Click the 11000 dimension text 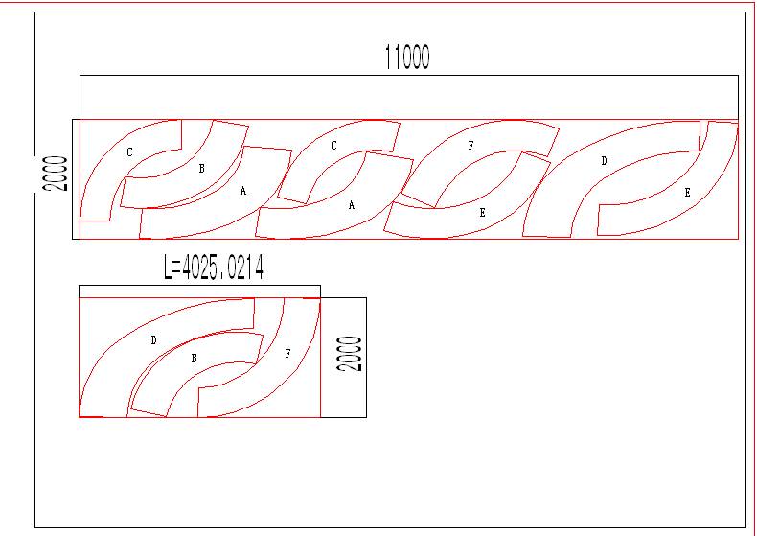(x=407, y=58)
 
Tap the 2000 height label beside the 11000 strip (x=58, y=175)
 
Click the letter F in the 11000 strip (x=470, y=147)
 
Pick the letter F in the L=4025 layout (x=287, y=354)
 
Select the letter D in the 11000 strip (x=604, y=161)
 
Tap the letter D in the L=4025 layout (x=153, y=340)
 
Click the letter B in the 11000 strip (x=201, y=169)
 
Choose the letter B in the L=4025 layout (x=195, y=359)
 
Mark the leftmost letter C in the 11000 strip (x=129, y=151)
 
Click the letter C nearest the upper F (x=333, y=146)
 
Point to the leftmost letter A (x=243, y=191)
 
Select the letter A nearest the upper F (x=352, y=205)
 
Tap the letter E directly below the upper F (x=482, y=213)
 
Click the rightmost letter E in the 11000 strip (x=687, y=193)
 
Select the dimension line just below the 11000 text (x=407, y=75)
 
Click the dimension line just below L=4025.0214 (x=199, y=285)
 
